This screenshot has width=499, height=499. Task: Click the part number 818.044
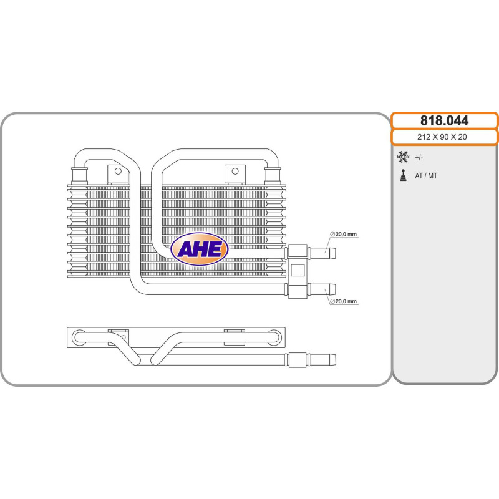[x=444, y=120]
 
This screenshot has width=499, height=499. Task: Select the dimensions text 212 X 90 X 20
[x=442, y=137]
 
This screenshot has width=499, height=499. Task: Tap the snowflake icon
[x=403, y=157]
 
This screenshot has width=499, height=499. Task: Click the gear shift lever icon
[x=403, y=175]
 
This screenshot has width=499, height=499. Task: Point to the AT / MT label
[x=426, y=176]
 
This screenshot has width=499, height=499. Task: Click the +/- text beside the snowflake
[x=419, y=158]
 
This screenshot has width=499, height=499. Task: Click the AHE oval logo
[x=200, y=249]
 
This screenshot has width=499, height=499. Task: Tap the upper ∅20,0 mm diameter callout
[x=344, y=235]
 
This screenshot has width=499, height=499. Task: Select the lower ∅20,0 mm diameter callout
[x=344, y=301]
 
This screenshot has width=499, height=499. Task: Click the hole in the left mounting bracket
[x=118, y=171]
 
